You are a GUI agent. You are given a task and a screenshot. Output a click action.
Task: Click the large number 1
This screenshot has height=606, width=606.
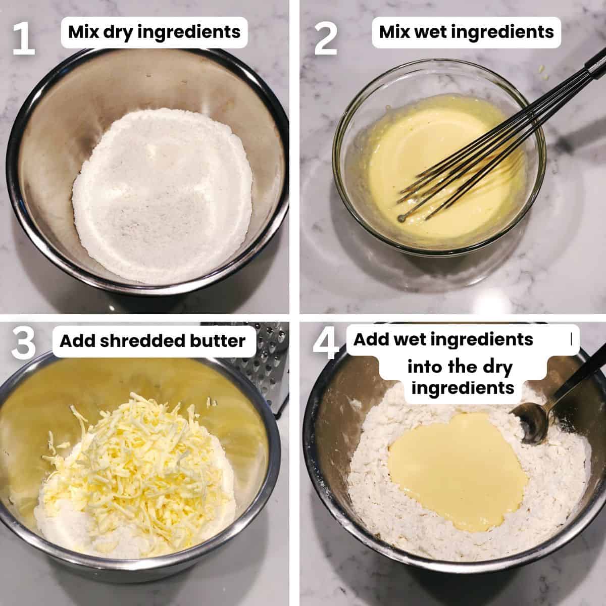click(x=23, y=36)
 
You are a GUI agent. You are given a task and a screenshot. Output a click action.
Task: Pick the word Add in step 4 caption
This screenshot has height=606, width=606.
click(x=368, y=339)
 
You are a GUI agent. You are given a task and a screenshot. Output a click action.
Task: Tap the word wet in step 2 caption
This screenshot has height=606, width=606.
click(x=436, y=32)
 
